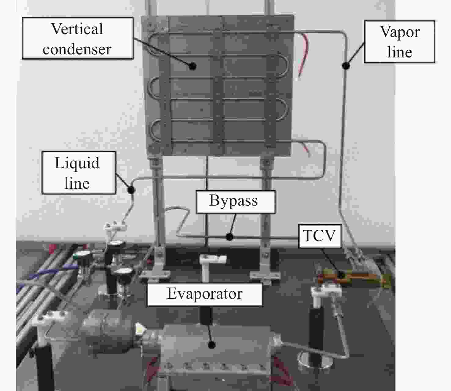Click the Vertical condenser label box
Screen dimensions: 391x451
tap(78, 38)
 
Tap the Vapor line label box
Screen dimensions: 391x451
tap(399, 42)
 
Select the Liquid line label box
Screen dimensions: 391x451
tap(79, 173)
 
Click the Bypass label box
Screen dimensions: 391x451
tap(235, 202)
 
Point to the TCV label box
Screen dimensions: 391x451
tap(320, 236)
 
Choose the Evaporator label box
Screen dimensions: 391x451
tap(205, 294)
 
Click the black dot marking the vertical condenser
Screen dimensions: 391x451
tap(193, 66)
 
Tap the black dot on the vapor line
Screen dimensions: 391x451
tap(346, 65)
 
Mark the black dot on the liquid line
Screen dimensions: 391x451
tap(131, 190)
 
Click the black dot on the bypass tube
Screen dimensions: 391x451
tap(229, 236)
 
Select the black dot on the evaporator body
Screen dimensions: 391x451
tap(211, 345)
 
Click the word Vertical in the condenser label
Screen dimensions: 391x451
tap(77, 29)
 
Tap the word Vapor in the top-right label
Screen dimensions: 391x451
tap(400, 32)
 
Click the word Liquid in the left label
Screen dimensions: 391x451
tap(77, 163)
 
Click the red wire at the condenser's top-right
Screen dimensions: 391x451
tap(304, 55)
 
